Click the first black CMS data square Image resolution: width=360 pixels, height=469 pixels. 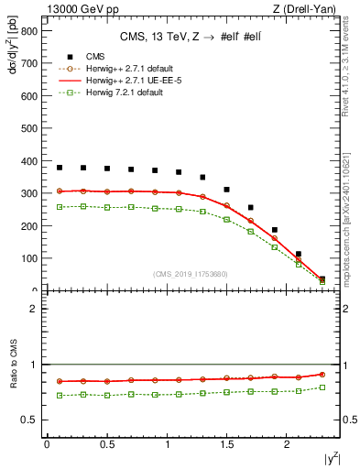60,168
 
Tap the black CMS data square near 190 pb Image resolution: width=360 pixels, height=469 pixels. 275,230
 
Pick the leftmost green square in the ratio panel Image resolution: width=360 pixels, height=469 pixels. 60,395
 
